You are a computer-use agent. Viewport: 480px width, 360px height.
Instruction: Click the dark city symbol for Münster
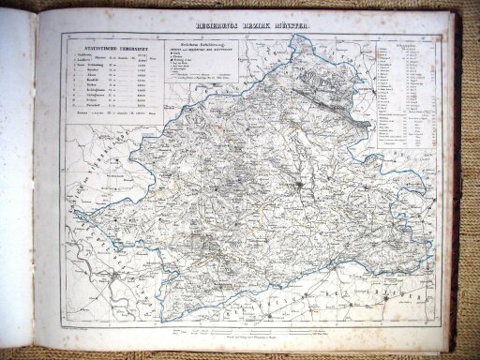tap(298, 191)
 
